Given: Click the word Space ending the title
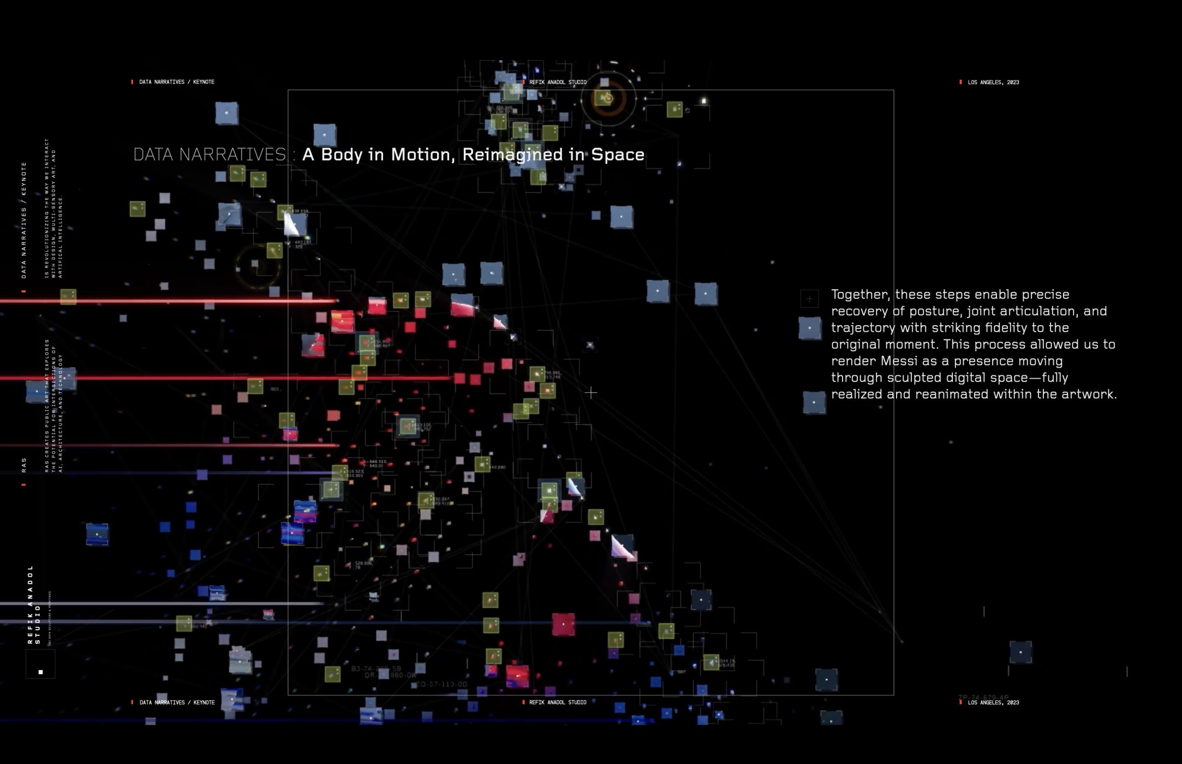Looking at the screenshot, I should (618, 155).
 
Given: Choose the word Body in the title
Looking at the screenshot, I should (342, 155).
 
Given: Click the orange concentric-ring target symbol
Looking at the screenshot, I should (608, 99).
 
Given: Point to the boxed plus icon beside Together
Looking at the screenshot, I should (809, 299).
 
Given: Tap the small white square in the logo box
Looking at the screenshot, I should (40, 672).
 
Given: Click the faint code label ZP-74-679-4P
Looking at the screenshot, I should (983, 697).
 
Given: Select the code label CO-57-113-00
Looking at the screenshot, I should (441, 684).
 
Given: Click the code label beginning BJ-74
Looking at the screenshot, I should (376, 668).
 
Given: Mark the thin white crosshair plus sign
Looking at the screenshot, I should (590, 392).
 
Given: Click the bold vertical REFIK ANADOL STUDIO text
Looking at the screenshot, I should (34, 605).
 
